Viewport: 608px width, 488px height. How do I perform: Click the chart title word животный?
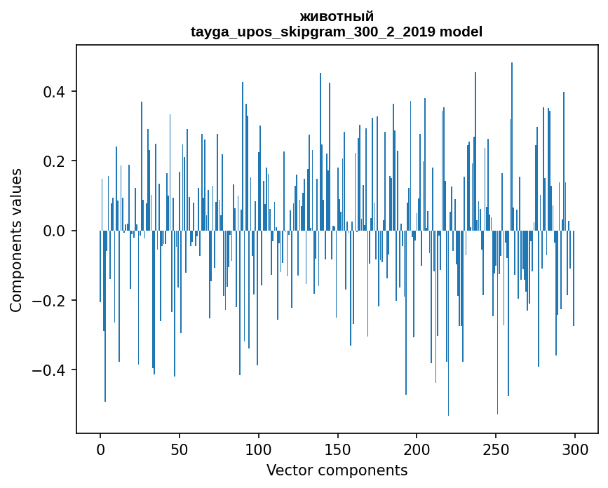point(337,16)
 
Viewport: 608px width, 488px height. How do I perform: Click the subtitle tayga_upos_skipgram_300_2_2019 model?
point(337,32)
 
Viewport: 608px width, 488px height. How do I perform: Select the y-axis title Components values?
point(16,240)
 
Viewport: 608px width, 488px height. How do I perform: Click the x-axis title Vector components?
point(337,470)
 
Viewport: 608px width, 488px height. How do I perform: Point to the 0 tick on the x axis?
point(100,449)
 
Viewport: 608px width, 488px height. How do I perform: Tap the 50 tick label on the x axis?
point(180,449)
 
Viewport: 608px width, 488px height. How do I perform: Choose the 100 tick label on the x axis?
point(259,449)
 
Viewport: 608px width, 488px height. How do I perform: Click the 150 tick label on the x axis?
point(337,449)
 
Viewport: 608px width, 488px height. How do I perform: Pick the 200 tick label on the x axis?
point(417,449)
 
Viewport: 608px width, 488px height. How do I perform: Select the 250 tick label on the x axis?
point(496,449)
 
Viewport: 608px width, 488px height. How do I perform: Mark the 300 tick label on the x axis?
point(575,449)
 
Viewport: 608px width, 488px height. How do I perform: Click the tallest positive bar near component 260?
point(512,140)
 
